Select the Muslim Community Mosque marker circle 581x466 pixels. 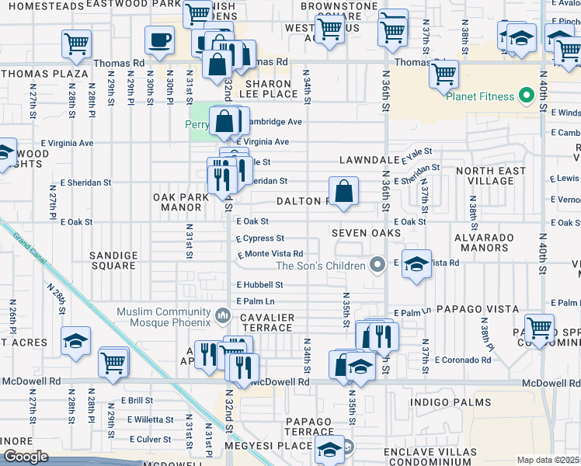(223, 315)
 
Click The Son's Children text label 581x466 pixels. (321, 266)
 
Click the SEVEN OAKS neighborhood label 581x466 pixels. (365, 233)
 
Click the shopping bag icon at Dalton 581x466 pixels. (343, 190)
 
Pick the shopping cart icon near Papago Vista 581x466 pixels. (539, 327)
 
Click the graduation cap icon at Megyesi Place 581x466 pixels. (329, 450)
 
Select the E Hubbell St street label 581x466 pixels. (259, 285)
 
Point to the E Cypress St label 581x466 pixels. (260, 238)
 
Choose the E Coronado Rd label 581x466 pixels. (464, 360)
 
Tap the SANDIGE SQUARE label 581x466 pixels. (113, 260)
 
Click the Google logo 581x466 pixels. (26, 457)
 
